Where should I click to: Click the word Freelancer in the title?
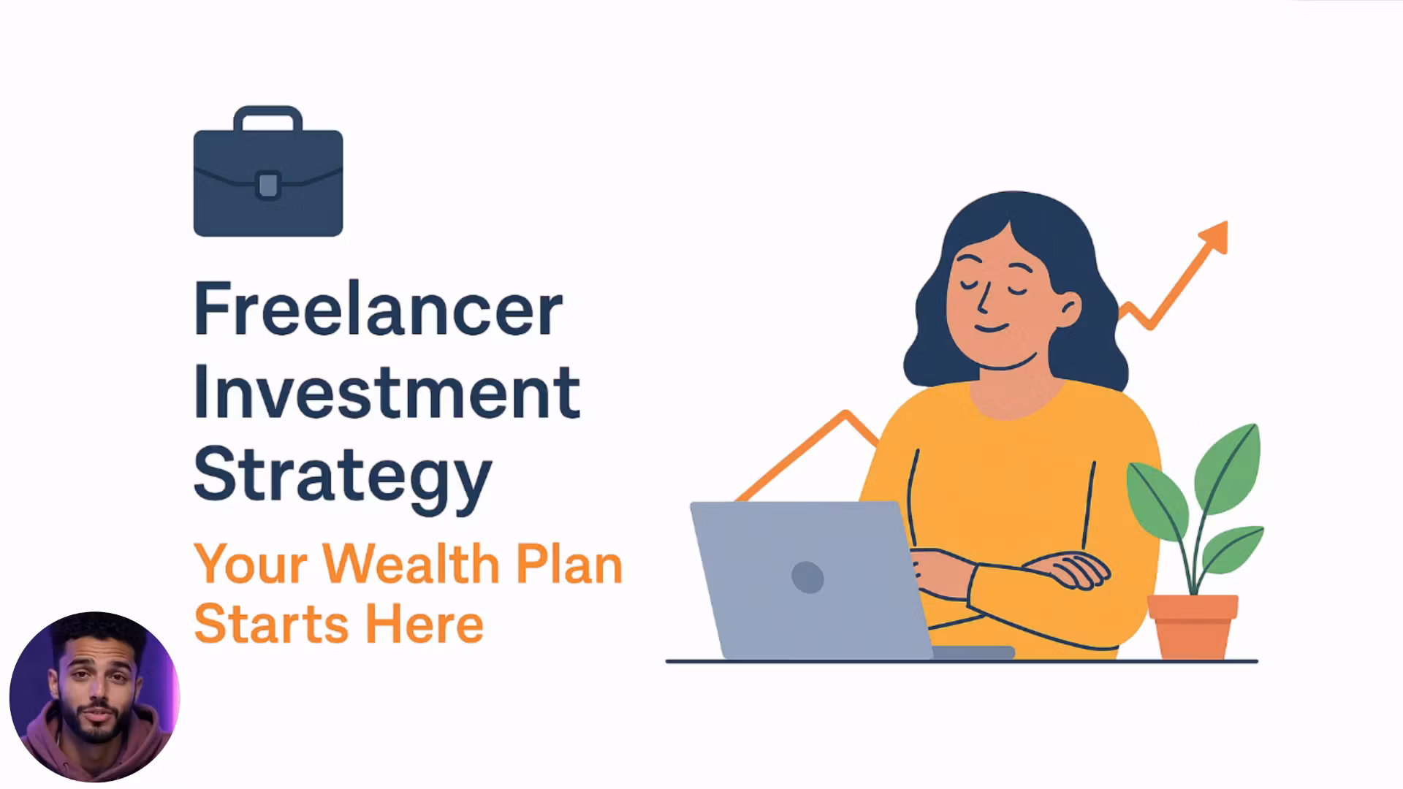tap(378, 310)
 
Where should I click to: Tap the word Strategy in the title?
tap(342, 475)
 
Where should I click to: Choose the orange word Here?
tap(424, 625)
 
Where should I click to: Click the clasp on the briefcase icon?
tap(268, 185)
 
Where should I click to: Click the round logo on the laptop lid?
tap(807, 577)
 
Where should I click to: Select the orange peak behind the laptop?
tap(846, 416)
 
